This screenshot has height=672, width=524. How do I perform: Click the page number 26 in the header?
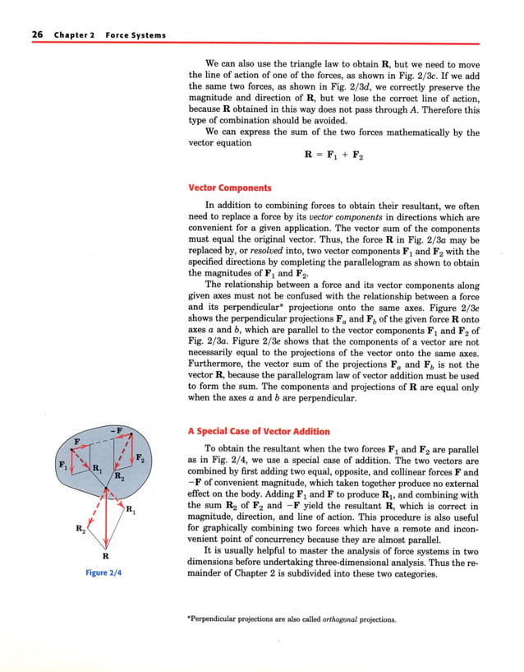(x=37, y=35)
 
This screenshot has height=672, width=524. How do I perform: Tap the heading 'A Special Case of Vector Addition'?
(x=260, y=431)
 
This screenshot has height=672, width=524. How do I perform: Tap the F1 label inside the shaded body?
(x=59, y=466)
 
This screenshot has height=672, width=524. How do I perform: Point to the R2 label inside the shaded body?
(x=118, y=476)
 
